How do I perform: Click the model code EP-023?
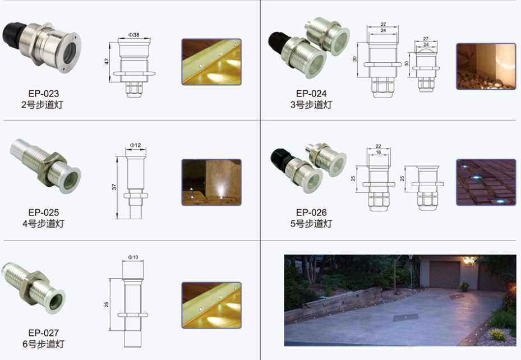click(44, 94)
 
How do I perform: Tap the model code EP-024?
click(311, 94)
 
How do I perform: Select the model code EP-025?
click(44, 213)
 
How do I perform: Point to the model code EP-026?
click(311, 213)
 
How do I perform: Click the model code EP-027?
click(44, 333)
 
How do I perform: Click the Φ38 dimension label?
click(134, 35)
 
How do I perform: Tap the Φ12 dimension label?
click(135, 145)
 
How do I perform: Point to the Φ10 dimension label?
click(133, 257)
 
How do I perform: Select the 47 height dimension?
click(107, 62)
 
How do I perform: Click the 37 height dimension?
click(114, 187)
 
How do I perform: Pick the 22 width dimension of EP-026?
click(378, 146)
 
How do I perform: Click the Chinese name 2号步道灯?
click(42, 105)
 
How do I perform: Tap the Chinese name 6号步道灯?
click(44, 344)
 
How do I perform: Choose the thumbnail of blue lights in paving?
click(486, 182)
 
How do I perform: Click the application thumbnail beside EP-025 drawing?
click(211, 182)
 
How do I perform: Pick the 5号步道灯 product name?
click(311, 224)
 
